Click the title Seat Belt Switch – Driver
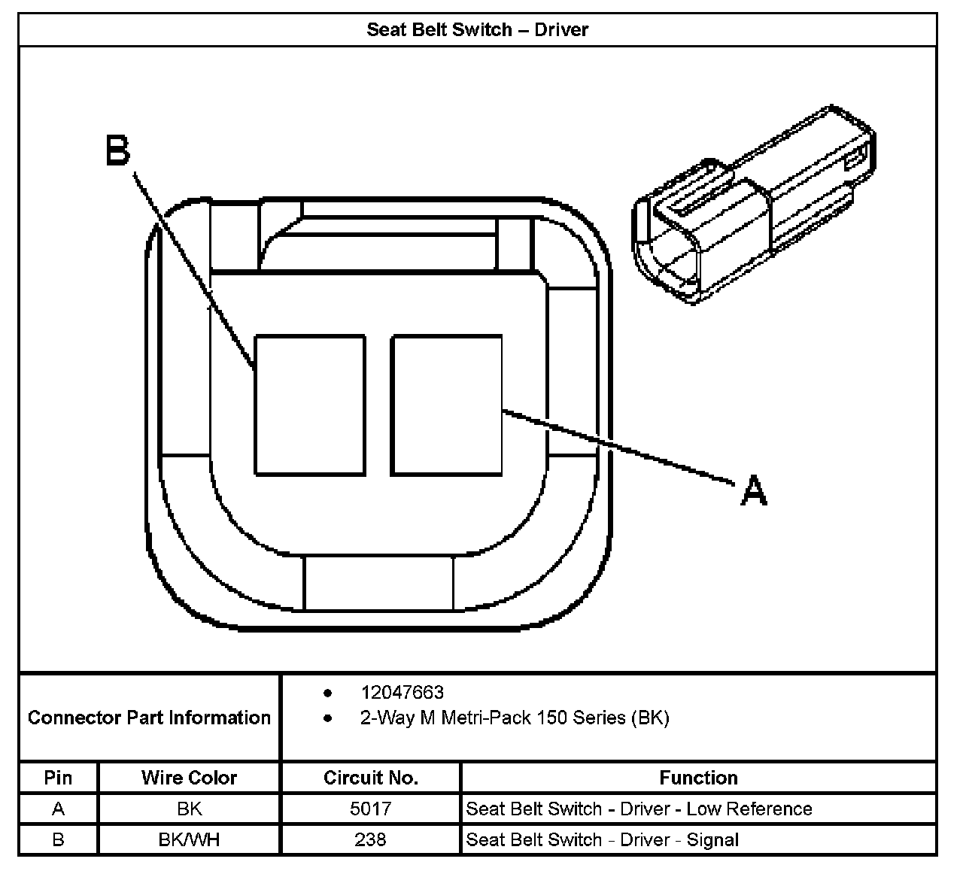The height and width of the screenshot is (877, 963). tap(477, 30)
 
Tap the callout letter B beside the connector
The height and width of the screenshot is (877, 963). tap(117, 150)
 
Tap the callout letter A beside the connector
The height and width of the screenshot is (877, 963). tap(753, 490)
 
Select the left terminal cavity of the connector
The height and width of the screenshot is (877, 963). tap(310, 405)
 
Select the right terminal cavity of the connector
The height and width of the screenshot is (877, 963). tap(446, 405)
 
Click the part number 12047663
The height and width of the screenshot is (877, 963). tap(402, 692)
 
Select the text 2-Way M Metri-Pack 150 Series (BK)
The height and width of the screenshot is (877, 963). tap(515, 718)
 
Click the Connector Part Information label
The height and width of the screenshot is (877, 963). tap(149, 718)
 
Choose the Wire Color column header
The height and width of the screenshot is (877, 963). tap(189, 778)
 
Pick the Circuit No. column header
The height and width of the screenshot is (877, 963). tap(370, 778)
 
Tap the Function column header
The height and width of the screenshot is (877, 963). tap(698, 778)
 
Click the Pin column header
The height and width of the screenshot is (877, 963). tap(58, 778)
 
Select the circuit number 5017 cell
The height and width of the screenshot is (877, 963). tap(370, 809)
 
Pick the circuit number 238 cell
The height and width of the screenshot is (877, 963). tap(370, 839)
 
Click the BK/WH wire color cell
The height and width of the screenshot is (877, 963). tap(189, 839)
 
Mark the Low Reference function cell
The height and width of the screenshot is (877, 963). tap(639, 809)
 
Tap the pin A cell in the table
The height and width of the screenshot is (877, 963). tap(58, 809)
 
